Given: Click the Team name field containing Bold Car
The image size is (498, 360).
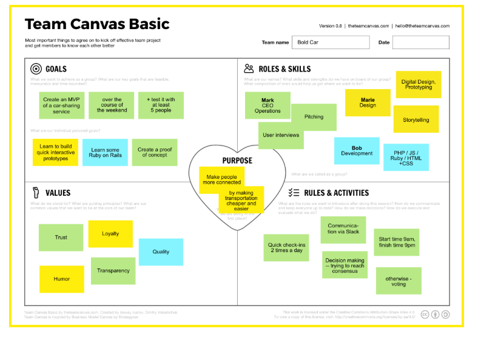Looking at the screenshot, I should (x=331, y=42).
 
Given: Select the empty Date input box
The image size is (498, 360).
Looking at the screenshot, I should (x=420, y=42).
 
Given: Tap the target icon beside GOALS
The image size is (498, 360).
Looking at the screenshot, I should (x=36, y=69).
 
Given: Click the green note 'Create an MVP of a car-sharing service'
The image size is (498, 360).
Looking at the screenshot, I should (x=61, y=105).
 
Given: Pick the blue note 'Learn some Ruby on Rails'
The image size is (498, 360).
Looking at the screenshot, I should (x=106, y=153).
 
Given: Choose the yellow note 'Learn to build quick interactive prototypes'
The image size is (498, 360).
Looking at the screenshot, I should (x=56, y=152).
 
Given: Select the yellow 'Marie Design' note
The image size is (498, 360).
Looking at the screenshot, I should (x=368, y=102).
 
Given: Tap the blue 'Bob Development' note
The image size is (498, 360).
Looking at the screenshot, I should (x=357, y=151).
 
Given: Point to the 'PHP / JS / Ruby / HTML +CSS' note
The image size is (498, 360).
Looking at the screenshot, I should (x=406, y=158).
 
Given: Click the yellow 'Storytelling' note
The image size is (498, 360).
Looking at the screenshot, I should (x=416, y=119).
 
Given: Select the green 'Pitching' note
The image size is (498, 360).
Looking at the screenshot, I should (x=314, y=117).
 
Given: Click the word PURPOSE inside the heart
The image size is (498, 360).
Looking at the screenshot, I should (x=237, y=161).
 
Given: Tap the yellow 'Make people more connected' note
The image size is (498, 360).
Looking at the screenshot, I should (x=221, y=179).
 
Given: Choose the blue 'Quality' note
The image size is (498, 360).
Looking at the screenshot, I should (x=161, y=252).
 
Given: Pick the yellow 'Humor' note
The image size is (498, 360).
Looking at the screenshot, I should (x=62, y=279).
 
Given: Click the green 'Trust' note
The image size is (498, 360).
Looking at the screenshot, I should (x=61, y=237).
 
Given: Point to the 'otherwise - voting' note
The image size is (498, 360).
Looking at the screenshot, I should (x=399, y=281).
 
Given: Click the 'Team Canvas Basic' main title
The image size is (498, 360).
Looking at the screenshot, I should (x=97, y=24).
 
